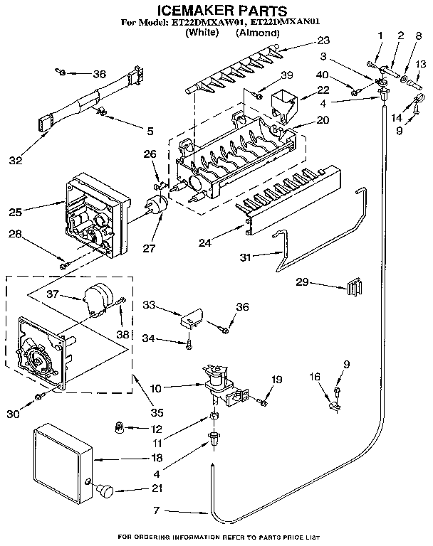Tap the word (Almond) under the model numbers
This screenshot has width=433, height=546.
pos(254,33)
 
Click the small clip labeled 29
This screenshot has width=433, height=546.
pos(353,289)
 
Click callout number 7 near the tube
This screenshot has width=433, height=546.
pos(160,510)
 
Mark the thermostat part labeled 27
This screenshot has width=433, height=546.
pos(157,206)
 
